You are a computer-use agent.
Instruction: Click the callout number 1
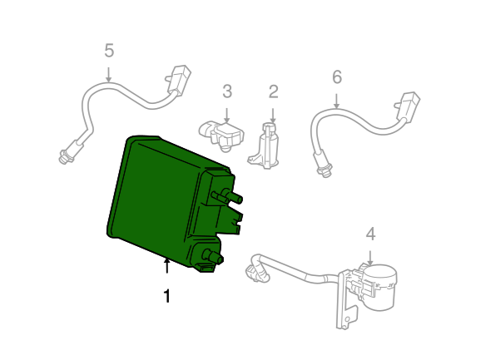(x=167, y=296)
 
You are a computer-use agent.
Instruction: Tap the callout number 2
(x=273, y=91)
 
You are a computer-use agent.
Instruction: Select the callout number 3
(x=227, y=91)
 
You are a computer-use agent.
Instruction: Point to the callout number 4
(x=370, y=234)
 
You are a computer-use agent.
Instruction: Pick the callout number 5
(x=109, y=50)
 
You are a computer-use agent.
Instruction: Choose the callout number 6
(x=337, y=76)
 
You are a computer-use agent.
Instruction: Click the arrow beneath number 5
(x=108, y=75)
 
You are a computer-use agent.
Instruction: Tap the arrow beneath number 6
(x=336, y=101)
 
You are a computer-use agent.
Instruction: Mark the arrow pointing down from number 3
(x=226, y=116)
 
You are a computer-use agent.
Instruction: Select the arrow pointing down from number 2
(x=273, y=116)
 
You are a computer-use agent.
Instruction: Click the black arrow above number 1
(x=167, y=265)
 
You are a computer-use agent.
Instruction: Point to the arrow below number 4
(x=370, y=258)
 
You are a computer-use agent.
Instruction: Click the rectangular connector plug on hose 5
(x=179, y=78)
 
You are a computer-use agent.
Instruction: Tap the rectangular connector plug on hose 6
(x=408, y=105)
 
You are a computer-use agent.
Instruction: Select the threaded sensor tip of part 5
(x=66, y=156)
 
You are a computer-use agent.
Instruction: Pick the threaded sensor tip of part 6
(x=325, y=170)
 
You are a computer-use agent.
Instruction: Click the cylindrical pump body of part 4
(x=380, y=287)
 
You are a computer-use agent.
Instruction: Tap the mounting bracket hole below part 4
(x=347, y=319)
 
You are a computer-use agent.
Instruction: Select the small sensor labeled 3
(x=221, y=136)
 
